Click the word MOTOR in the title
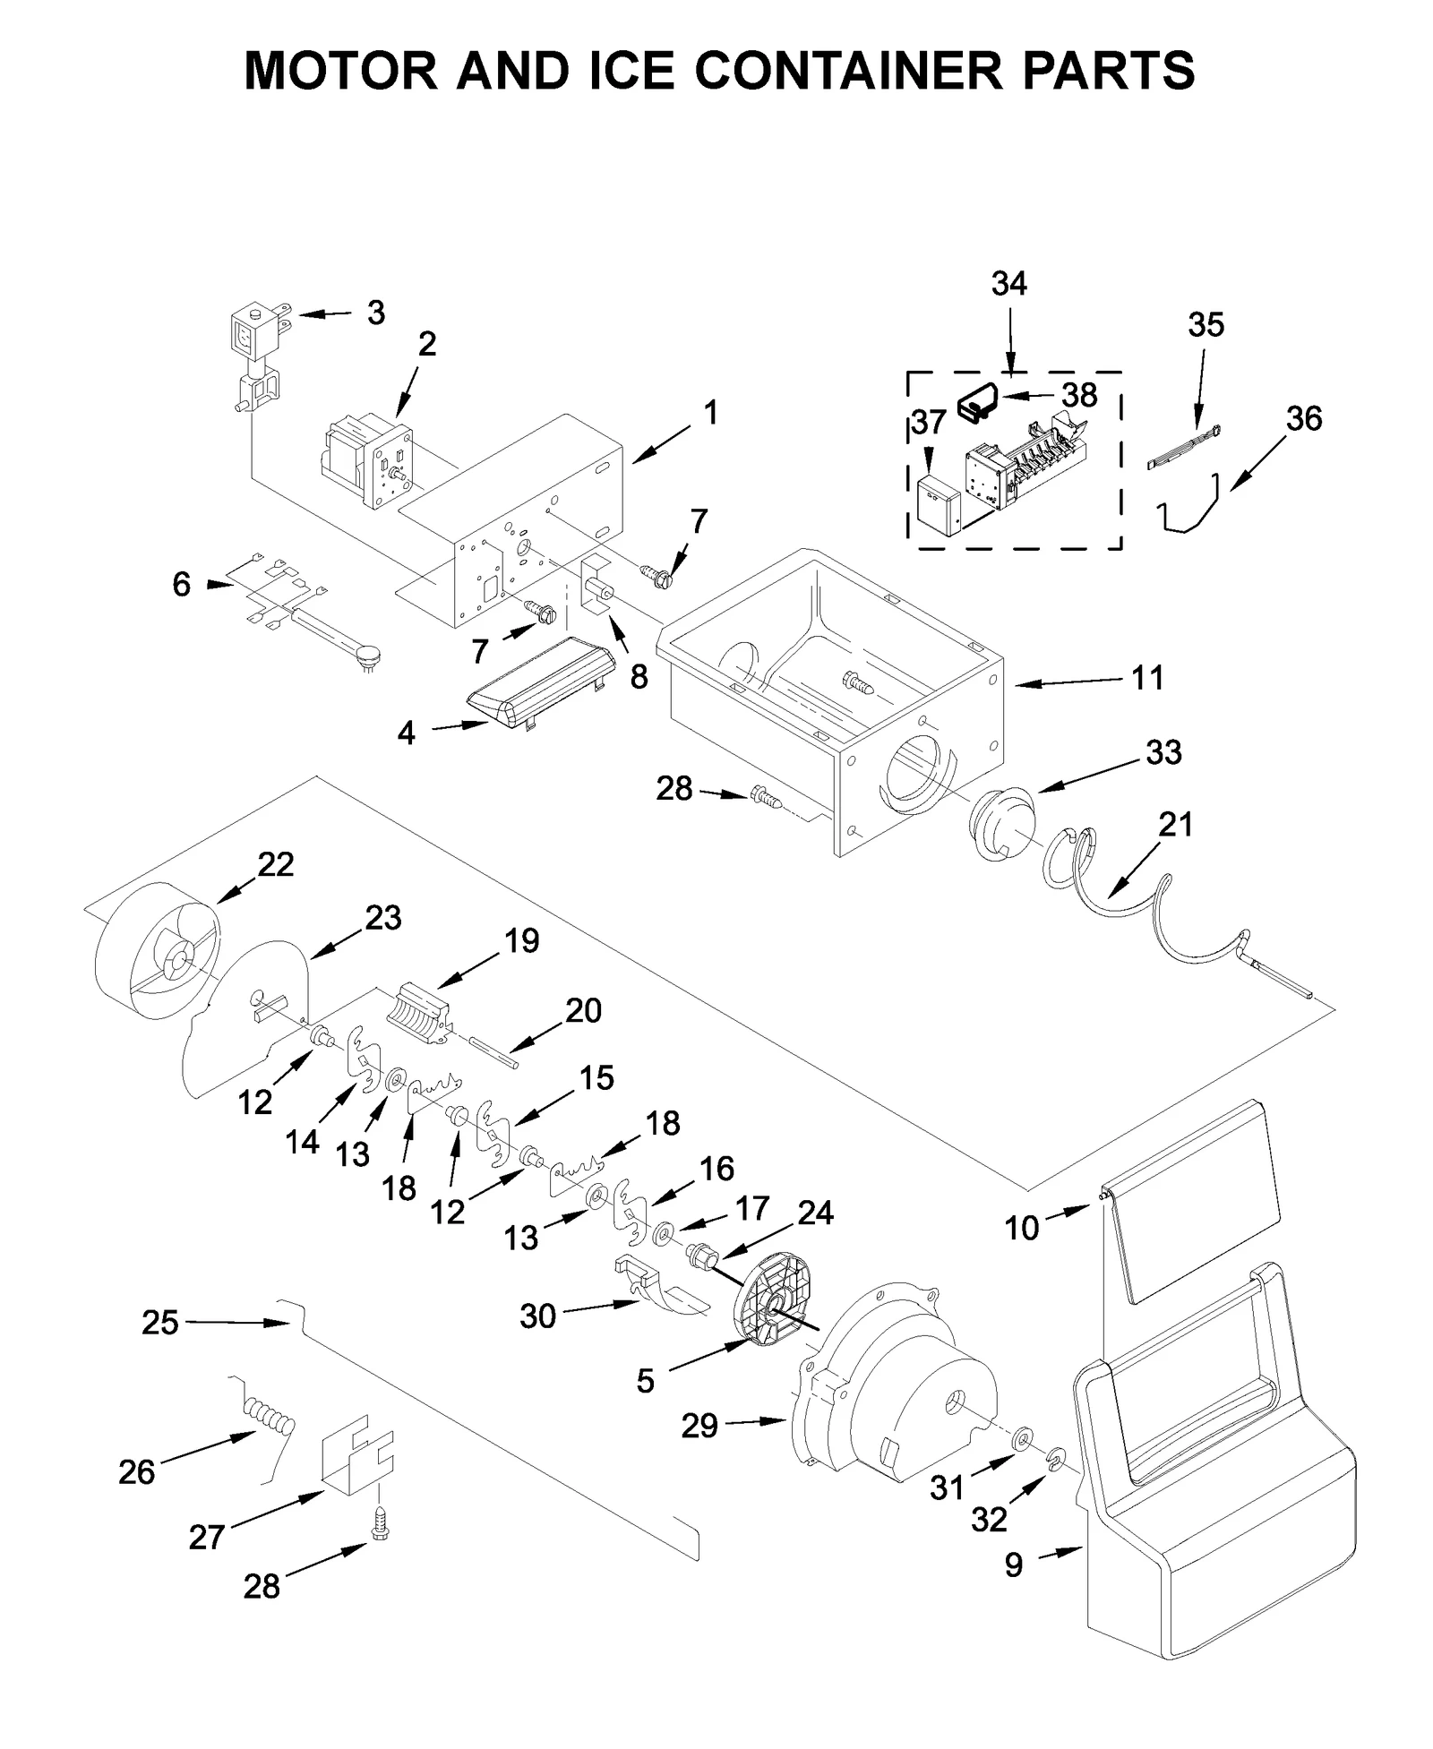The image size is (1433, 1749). (x=340, y=70)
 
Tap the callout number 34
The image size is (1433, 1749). (x=1008, y=284)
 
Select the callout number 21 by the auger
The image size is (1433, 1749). (x=1175, y=824)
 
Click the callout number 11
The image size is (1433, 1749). (x=1147, y=678)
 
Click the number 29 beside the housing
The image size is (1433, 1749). (x=699, y=1425)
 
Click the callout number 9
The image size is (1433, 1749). (x=1013, y=1565)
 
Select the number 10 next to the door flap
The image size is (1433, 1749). (x=1021, y=1227)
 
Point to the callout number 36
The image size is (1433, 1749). (x=1303, y=418)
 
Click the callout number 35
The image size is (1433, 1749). (x=1206, y=324)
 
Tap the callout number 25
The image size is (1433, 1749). (x=160, y=1323)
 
